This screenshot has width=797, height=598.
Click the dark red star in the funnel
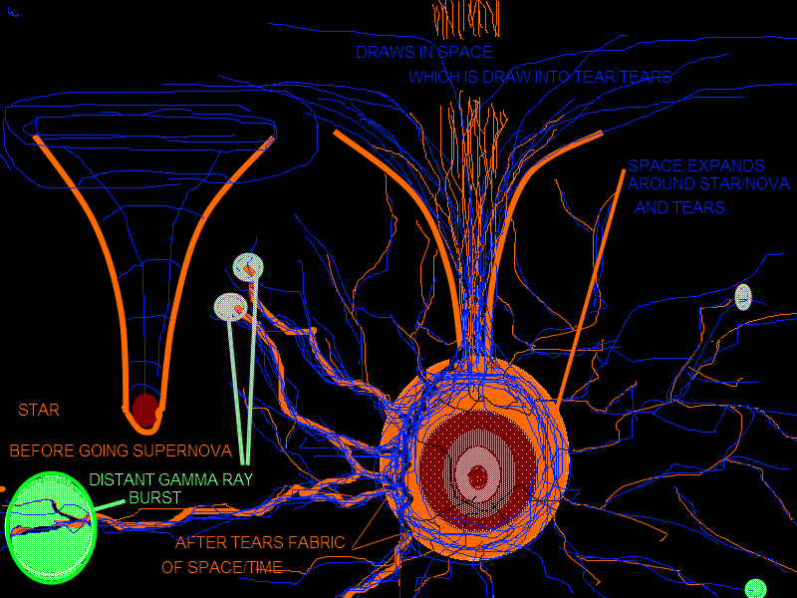(145, 409)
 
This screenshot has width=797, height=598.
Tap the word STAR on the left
(39, 410)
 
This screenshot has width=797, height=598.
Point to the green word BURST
(154, 496)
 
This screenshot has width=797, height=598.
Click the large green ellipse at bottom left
(50, 525)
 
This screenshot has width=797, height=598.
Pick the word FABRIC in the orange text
(311, 543)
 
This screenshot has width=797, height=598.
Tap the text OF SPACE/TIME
(221, 567)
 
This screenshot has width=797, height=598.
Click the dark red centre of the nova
(478, 475)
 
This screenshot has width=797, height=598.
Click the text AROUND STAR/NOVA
(707, 185)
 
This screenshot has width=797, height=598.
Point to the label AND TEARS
(679, 208)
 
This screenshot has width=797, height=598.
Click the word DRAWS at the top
(382, 52)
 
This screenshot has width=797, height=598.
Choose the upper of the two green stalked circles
(248, 266)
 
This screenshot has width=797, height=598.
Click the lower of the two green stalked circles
(229, 305)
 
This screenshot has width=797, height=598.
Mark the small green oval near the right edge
(742, 296)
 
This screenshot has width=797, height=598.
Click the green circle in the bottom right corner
(755, 588)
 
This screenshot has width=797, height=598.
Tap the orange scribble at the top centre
(464, 18)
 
